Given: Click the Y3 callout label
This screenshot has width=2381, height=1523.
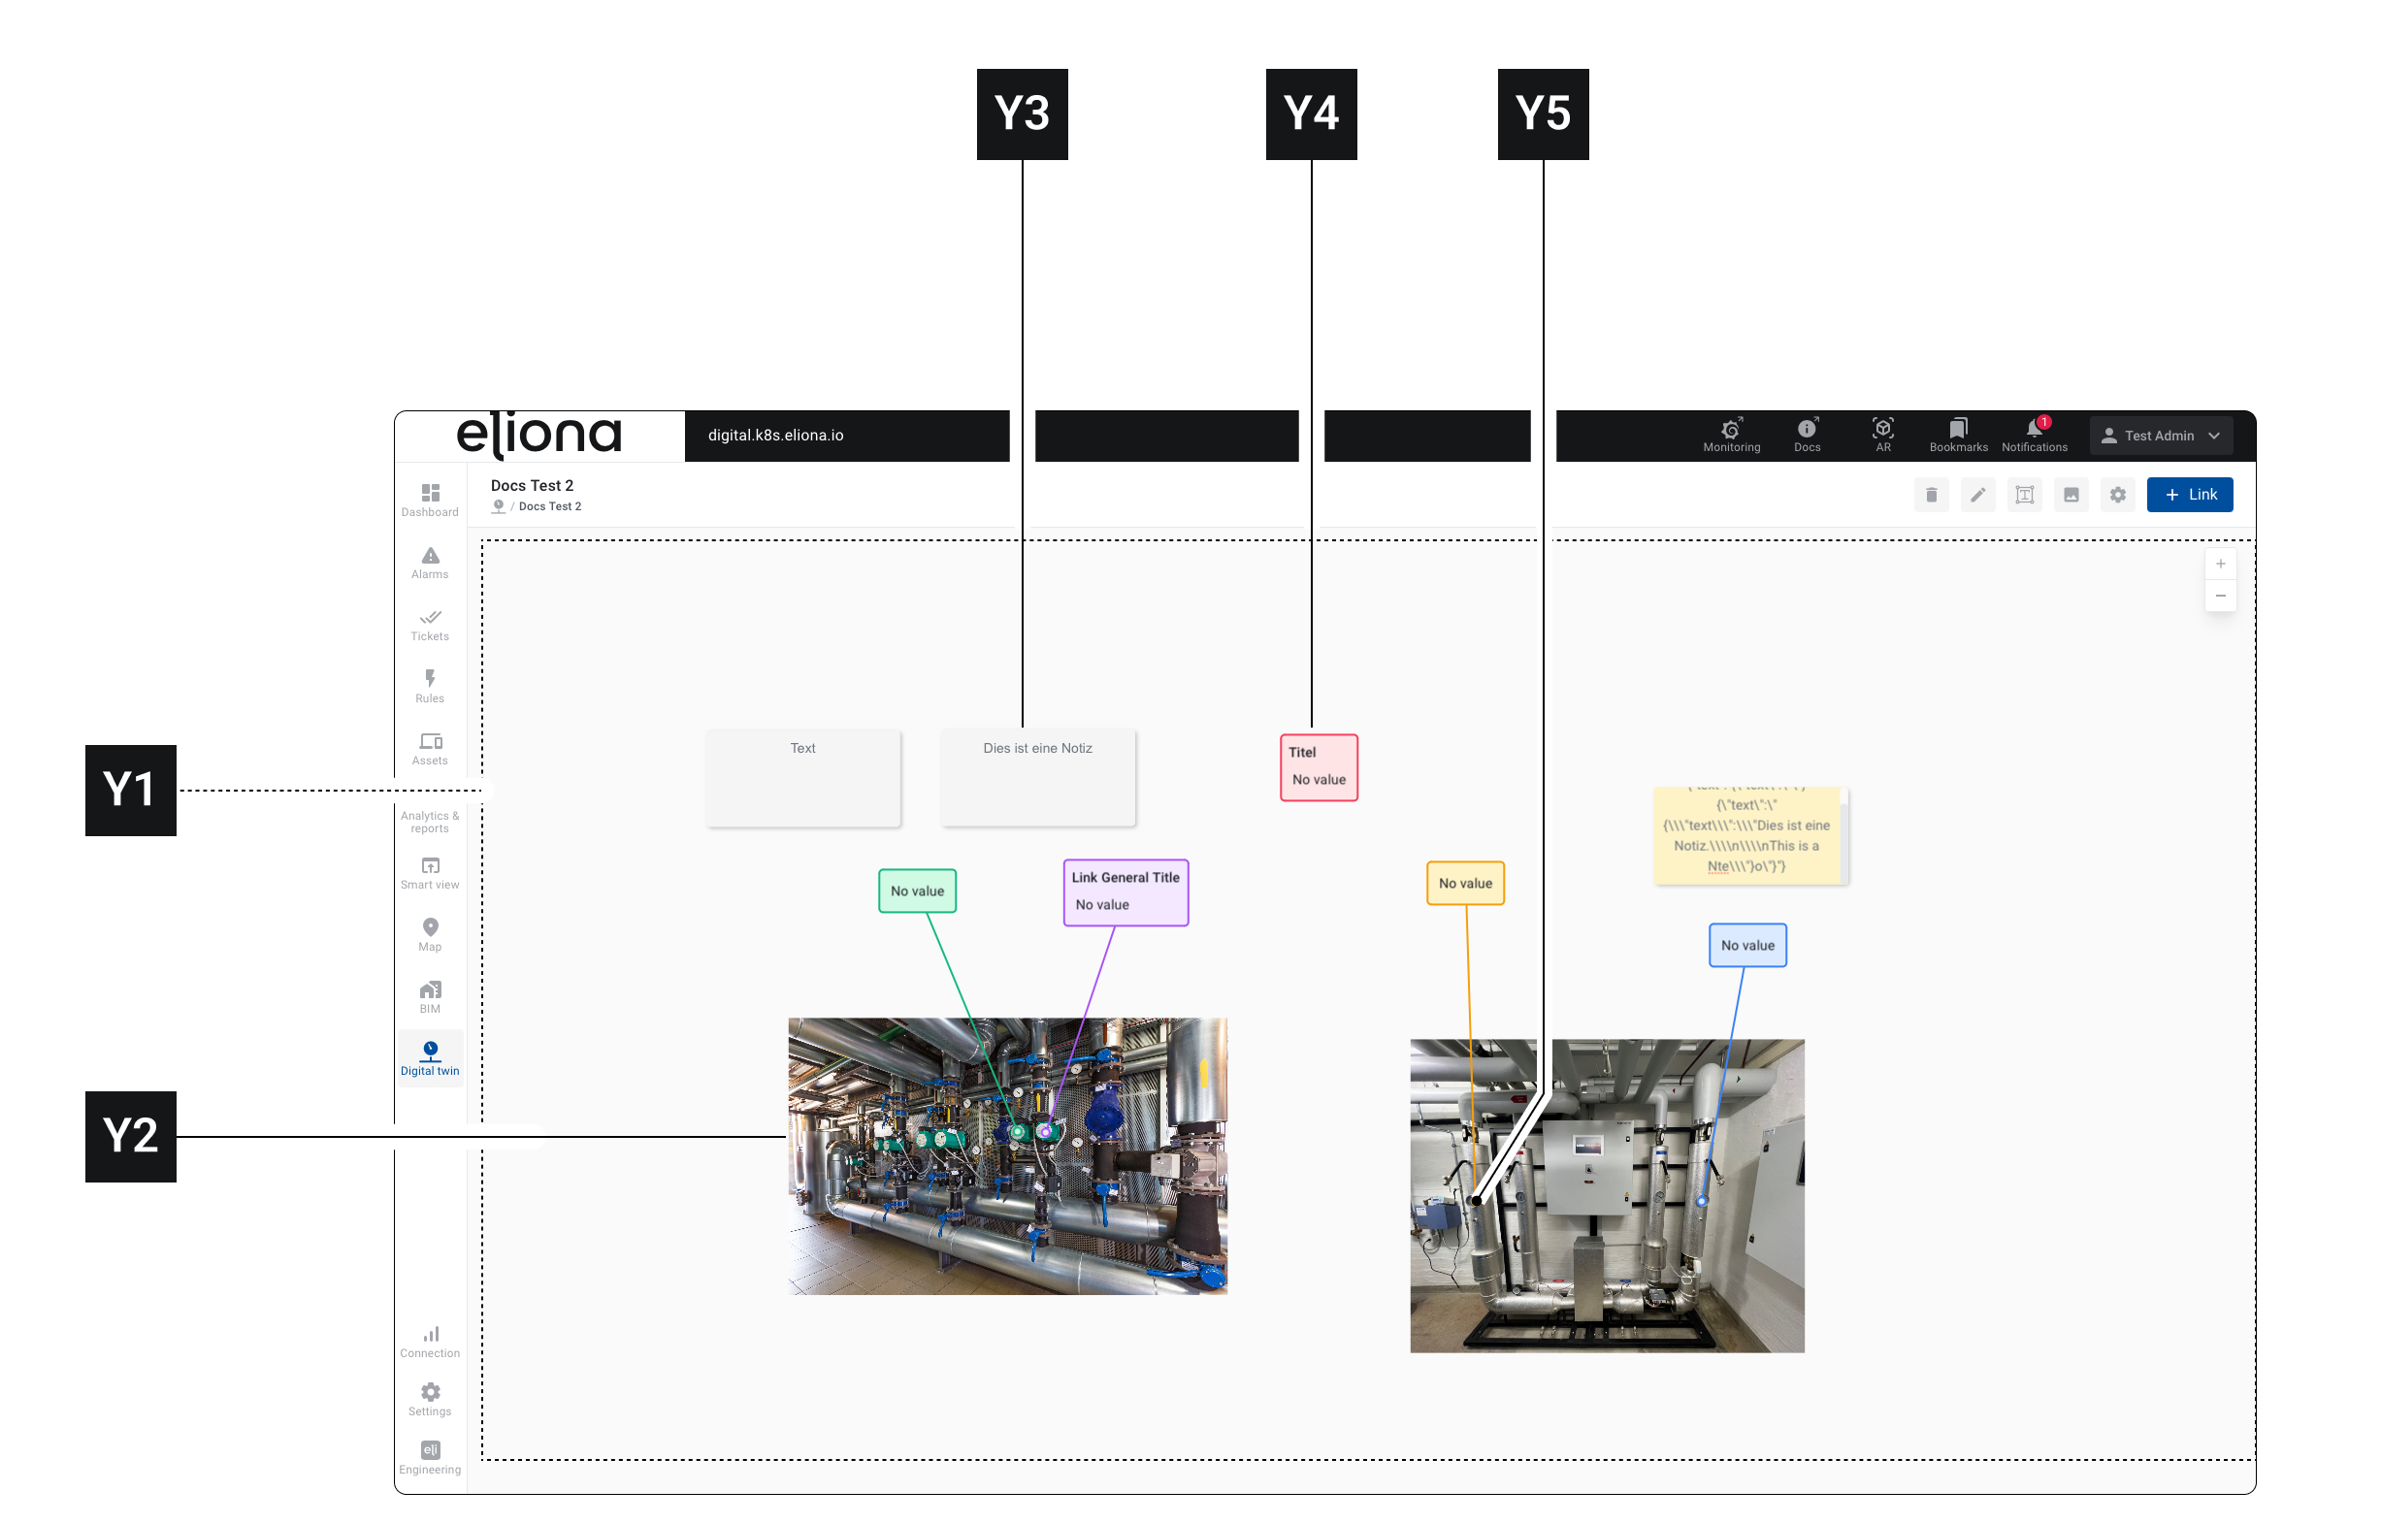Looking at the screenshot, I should pyautogui.click(x=1022, y=113).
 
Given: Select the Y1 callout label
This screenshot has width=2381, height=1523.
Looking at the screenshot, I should pyautogui.click(x=131, y=791).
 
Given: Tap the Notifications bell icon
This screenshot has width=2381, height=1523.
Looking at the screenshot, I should pyautogui.click(x=2033, y=429).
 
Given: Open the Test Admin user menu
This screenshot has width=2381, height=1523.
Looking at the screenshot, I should pyautogui.click(x=2161, y=436).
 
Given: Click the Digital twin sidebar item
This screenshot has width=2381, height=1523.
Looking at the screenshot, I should pyautogui.click(x=429, y=1057).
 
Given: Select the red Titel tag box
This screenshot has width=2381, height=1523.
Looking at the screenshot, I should pyautogui.click(x=1318, y=766).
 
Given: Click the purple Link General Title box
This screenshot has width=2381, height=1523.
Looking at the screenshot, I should pyautogui.click(x=1125, y=891).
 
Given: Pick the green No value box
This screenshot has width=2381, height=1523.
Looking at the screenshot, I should pyautogui.click(x=917, y=891).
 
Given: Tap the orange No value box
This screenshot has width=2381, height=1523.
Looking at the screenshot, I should pyautogui.click(x=1464, y=882).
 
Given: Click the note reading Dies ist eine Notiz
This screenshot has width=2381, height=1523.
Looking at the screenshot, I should pyautogui.click(x=1036, y=776).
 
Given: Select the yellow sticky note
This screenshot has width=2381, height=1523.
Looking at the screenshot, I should pyautogui.click(x=1748, y=835).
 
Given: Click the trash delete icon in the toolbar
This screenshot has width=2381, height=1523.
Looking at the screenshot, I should pyautogui.click(x=1930, y=495).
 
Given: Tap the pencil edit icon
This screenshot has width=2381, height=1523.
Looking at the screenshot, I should pyautogui.click(x=1976, y=495).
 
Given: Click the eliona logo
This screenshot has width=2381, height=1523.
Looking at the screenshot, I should pyautogui.click(x=539, y=436).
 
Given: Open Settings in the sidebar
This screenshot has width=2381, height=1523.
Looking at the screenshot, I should pyautogui.click(x=429, y=1399).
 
